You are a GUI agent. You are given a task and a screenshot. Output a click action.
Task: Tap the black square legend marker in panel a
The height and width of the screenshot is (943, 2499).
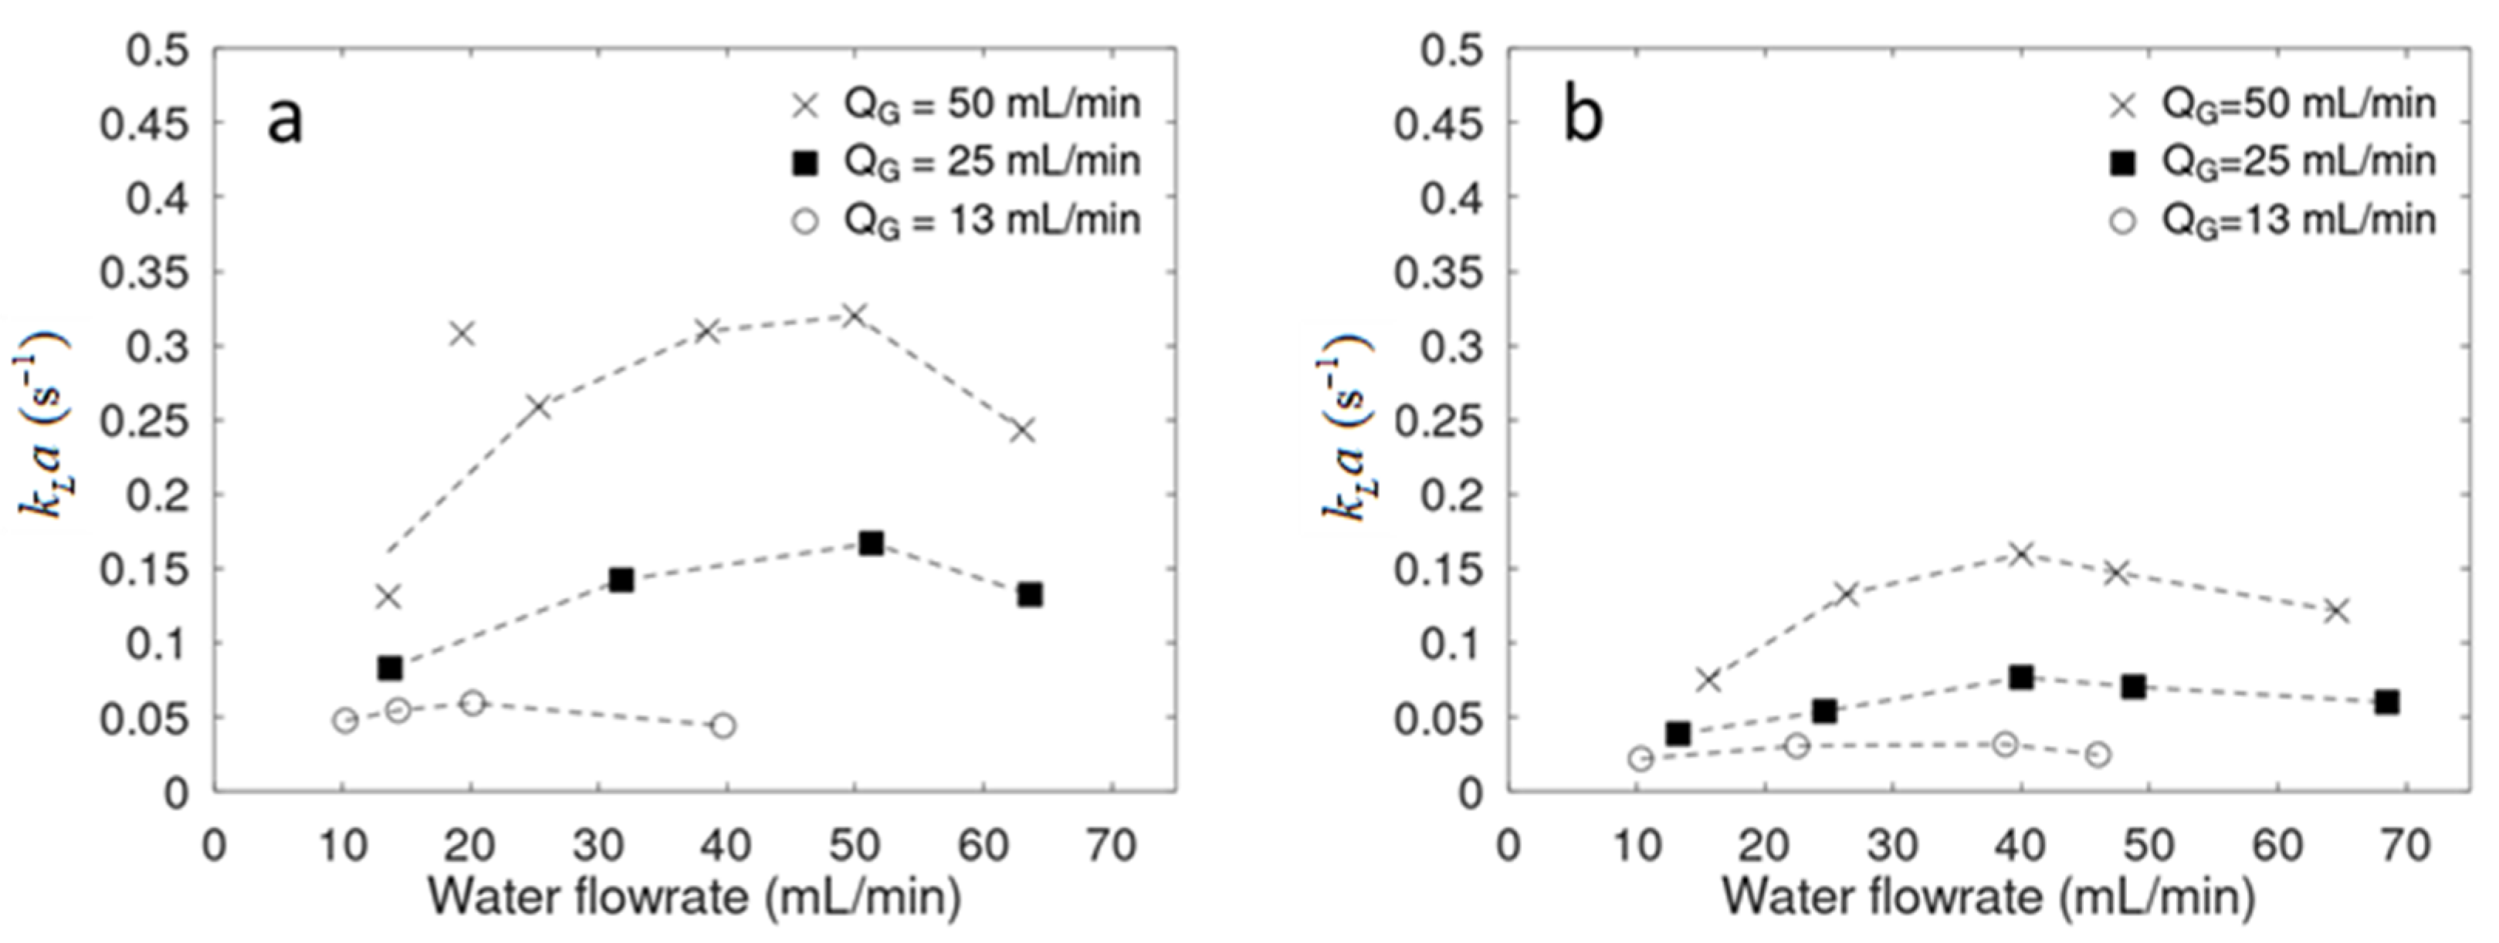click(804, 164)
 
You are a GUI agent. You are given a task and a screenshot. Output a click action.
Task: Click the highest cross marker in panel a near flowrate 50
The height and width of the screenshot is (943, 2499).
click(854, 316)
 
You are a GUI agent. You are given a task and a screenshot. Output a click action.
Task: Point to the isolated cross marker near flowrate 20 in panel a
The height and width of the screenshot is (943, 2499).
click(462, 333)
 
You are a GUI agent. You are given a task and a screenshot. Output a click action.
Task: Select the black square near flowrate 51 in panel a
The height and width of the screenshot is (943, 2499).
click(871, 543)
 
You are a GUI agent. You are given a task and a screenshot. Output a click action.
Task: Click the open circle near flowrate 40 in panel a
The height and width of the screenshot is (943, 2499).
click(723, 725)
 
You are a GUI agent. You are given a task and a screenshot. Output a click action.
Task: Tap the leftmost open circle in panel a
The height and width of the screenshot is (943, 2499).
click(345, 720)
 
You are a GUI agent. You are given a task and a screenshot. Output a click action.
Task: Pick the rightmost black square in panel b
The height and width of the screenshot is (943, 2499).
click(2387, 701)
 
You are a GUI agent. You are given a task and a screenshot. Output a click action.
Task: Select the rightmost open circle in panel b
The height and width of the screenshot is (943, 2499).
click(2098, 755)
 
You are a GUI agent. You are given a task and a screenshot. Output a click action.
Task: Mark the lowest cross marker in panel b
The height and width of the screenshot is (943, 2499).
click(1708, 680)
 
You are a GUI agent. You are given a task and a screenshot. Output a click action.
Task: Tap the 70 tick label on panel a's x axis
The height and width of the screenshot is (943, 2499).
click(1111, 846)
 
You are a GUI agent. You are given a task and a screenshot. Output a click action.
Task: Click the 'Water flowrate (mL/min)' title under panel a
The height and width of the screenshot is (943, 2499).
click(695, 898)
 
